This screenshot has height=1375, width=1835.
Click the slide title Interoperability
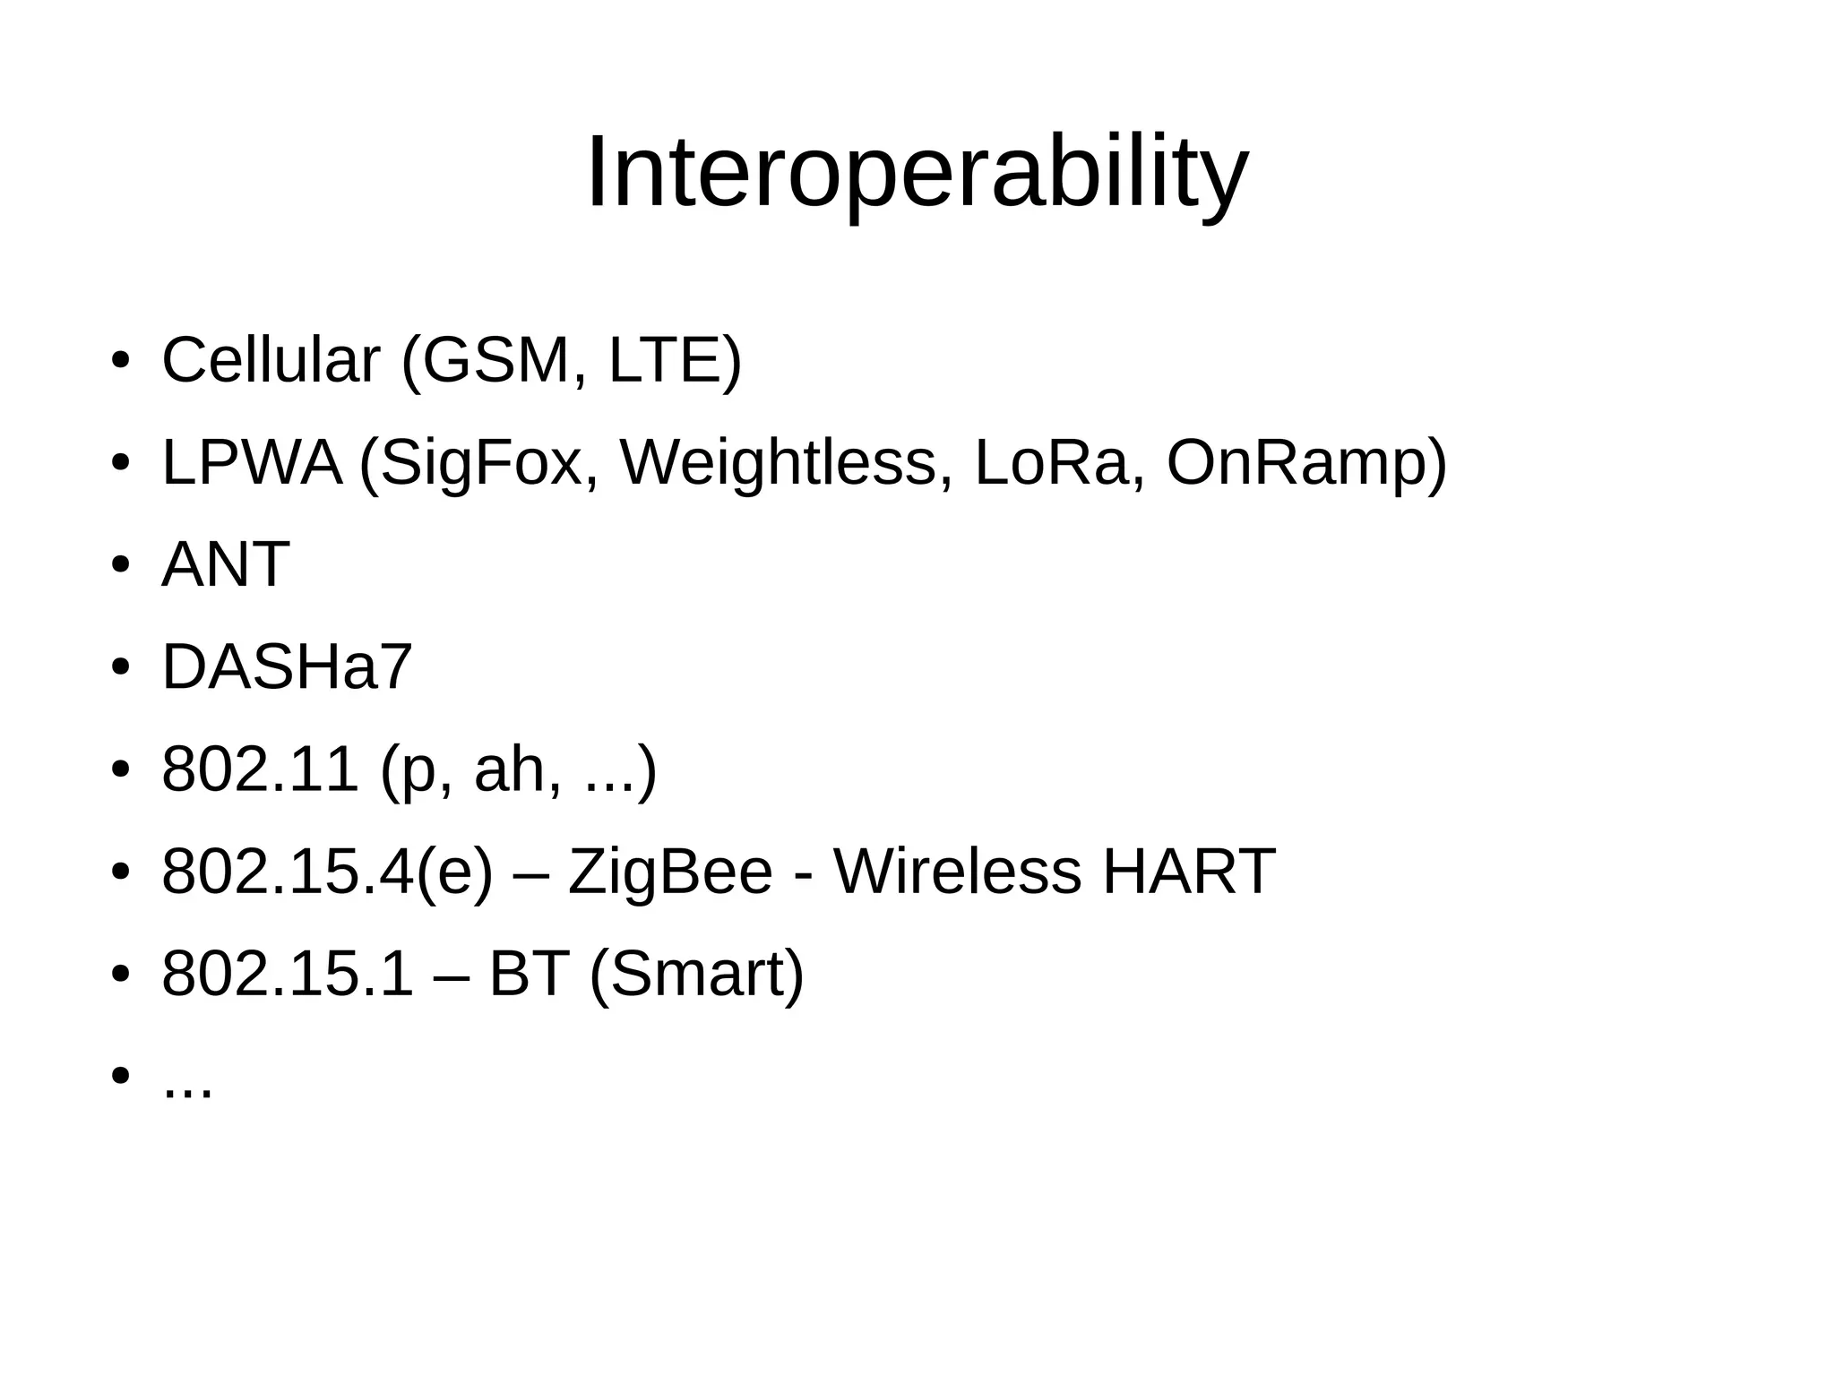point(917,172)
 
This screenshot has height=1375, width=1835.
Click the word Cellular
point(271,361)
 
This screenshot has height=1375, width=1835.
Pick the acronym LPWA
point(252,463)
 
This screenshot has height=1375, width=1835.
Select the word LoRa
point(1050,463)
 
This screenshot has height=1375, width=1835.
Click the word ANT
point(225,565)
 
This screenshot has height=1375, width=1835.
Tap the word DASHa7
point(287,667)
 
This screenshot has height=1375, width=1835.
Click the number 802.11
point(260,769)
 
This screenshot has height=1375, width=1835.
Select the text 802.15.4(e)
point(327,872)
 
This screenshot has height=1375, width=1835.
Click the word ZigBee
point(670,872)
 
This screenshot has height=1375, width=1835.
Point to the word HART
point(1188,872)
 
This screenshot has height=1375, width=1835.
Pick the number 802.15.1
point(288,975)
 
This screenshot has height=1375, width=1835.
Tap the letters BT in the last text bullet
point(530,975)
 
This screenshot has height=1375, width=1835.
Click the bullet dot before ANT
point(121,566)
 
